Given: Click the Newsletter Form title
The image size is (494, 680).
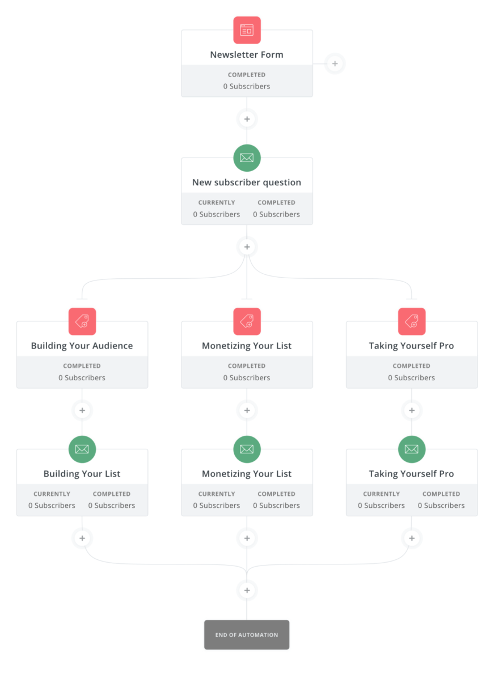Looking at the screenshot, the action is click(x=246, y=54).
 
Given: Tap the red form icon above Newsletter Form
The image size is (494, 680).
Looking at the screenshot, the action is click(x=247, y=30).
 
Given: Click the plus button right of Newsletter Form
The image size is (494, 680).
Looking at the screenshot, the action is click(x=335, y=63).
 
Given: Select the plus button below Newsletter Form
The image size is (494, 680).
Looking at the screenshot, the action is click(x=247, y=119).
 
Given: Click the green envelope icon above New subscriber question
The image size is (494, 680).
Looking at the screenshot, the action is click(x=247, y=158).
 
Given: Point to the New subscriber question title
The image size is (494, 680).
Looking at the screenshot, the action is click(x=246, y=182).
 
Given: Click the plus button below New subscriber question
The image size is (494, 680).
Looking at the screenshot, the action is click(x=247, y=247).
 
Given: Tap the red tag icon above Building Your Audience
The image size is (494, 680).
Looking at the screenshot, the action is click(x=82, y=321).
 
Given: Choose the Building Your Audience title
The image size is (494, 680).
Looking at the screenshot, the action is click(x=82, y=346).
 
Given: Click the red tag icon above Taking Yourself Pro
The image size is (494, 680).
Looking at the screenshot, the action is click(x=412, y=321).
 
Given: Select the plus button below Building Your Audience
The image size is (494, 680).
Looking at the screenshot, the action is click(x=82, y=410).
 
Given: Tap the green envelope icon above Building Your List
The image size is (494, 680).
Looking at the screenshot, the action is click(x=82, y=449).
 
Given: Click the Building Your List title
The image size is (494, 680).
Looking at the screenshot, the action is click(x=82, y=474).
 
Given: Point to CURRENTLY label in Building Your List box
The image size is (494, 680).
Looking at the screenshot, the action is click(x=52, y=494).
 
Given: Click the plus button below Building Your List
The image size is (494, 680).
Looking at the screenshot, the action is click(x=82, y=538).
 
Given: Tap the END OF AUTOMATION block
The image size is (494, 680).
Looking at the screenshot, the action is click(x=246, y=635).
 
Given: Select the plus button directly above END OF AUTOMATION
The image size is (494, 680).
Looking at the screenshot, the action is click(x=247, y=590).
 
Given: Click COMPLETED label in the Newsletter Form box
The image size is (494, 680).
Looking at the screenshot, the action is click(x=246, y=75).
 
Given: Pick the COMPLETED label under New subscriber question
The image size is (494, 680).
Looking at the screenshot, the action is click(x=276, y=202).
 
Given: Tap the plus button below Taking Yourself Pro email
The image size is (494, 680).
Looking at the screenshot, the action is click(x=412, y=538).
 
